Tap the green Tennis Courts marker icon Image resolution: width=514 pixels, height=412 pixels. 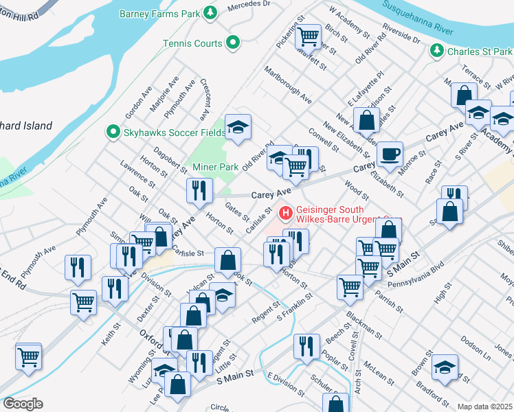(233, 43)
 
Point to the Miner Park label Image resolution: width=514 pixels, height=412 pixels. (215, 167)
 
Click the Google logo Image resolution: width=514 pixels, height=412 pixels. (23, 404)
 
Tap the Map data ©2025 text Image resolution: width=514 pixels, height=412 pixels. (485, 407)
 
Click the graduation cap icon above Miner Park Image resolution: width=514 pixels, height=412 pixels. (238, 126)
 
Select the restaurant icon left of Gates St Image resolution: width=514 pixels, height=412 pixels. (200, 190)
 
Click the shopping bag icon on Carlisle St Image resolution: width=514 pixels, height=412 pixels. (227, 260)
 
